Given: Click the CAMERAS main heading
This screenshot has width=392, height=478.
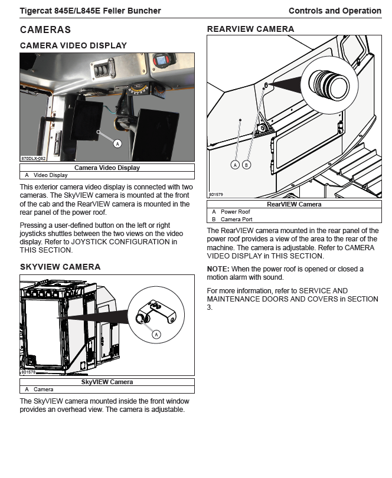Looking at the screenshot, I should coord(45,30).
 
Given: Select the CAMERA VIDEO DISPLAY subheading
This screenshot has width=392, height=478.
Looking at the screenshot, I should coord(73,45).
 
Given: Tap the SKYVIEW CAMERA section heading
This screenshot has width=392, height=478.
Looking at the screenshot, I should coord(60,267).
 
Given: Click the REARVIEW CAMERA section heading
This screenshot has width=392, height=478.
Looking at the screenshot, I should coord(250,29).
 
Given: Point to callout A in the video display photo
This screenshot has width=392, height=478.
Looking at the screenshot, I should coord(117,143).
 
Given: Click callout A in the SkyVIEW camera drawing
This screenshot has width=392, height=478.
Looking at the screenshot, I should coord(156,334).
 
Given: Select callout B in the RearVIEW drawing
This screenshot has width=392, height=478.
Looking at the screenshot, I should coord(246,165).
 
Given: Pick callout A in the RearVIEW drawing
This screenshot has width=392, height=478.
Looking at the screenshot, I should coord(235,165).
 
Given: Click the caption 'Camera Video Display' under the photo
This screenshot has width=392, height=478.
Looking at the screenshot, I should coord(107,168).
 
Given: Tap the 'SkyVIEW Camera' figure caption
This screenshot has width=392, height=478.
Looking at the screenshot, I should coord(107,382).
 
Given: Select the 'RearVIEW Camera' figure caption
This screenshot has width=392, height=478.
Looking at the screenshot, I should coord(294,204).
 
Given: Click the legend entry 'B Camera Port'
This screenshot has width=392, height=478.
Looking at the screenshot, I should coord(232,220).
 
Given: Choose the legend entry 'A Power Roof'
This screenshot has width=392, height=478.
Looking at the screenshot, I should coord(231,212).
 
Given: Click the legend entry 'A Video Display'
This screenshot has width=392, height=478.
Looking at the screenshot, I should coord(47,175).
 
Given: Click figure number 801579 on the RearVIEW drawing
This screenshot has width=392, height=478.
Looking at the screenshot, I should coord(215,194).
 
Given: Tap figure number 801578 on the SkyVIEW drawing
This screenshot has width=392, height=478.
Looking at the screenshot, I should coord(28,372).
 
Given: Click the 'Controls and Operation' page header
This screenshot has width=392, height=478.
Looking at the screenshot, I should coord(335,11).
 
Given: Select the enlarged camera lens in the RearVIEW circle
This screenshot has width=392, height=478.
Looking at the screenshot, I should coord(331,83).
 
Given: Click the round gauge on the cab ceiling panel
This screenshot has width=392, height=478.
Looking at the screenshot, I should coord(160,61).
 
